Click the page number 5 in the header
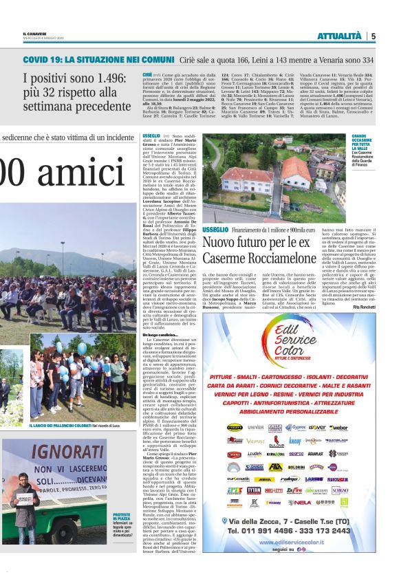tap(374, 36)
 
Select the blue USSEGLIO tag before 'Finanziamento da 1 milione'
tap(215, 229)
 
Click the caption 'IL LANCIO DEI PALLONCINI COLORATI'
tap(61, 426)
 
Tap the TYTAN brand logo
tap(254, 490)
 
